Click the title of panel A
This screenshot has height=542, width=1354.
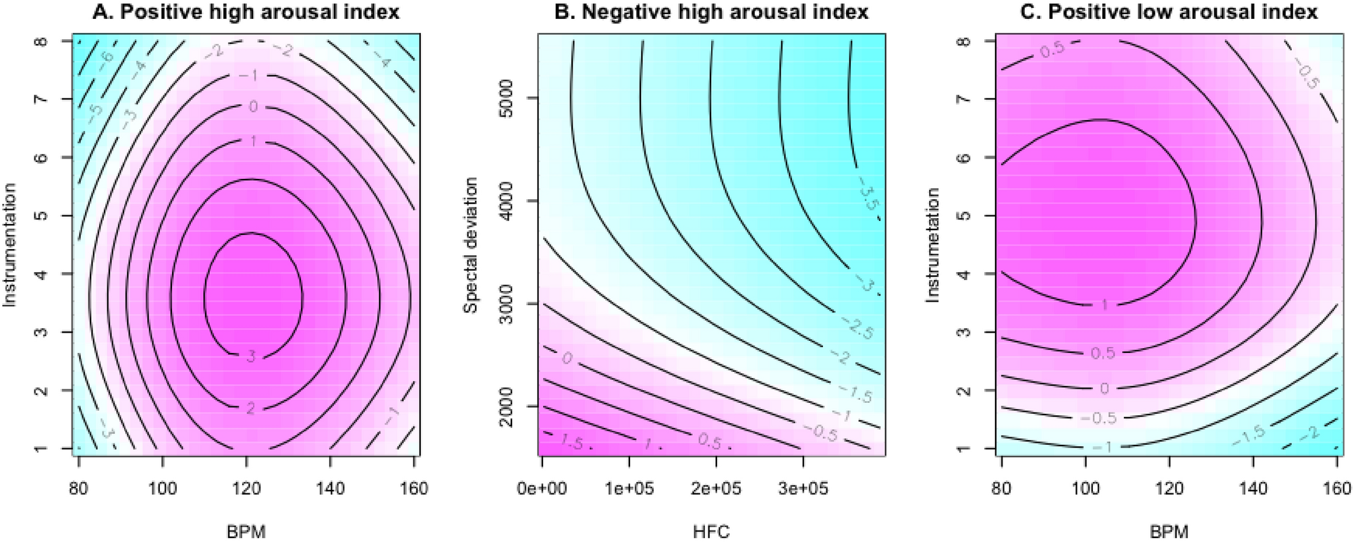(246, 12)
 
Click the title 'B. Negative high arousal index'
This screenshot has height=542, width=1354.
(712, 12)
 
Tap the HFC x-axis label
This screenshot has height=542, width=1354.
(711, 533)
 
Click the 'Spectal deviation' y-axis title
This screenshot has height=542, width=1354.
(471, 246)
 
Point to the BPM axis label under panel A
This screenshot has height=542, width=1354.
(246, 533)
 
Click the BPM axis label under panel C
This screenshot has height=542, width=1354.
(1168, 533)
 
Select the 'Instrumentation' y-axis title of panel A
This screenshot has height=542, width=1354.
(9, 246)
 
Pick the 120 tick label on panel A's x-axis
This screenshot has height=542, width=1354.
(246, 488)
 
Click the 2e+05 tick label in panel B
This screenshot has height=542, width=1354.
(716, 488)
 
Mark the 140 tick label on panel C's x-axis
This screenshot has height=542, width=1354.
(1252, 488)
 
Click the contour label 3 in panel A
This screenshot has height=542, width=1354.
(251, 356)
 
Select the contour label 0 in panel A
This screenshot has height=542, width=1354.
(254, 107)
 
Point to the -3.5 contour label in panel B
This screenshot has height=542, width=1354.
(868, 200)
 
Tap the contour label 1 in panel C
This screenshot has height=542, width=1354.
(1104, 305)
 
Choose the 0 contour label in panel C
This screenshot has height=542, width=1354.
(1104, 388)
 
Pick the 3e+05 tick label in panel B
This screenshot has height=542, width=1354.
(802, 488)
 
